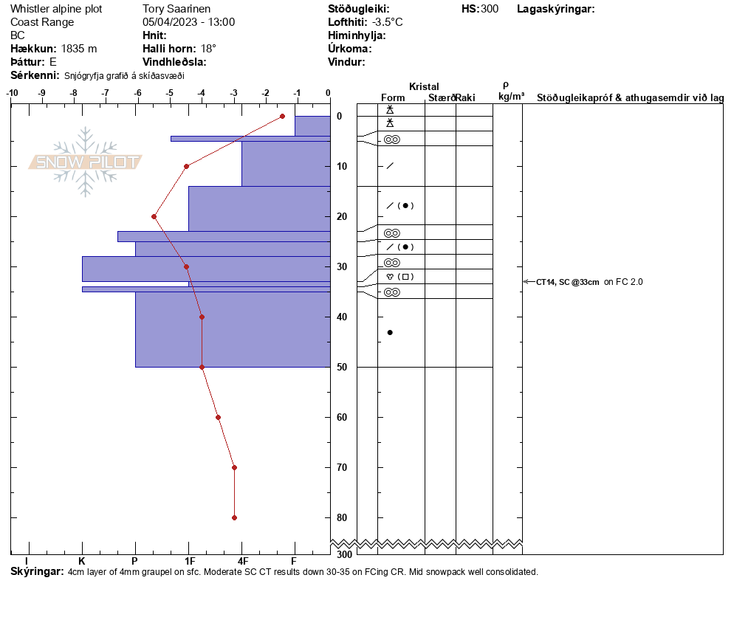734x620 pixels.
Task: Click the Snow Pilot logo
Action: click(86, 162)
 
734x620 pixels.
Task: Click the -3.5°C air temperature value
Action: click(387, 22)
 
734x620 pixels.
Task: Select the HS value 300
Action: click(490, 9)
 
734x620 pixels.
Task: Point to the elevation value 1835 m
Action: click(79, 49)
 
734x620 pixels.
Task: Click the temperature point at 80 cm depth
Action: click(234, 517)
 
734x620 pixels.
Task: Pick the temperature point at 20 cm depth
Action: click(154, 216)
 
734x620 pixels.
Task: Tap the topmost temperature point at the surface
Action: click(282, 116)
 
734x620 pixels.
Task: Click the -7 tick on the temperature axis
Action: click(105, 93)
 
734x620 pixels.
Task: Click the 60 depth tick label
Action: click(341, 418)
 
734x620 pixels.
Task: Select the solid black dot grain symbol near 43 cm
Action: click(390, 332)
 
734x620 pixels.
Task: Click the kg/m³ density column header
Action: click(511, 97)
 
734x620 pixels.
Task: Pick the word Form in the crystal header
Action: click(393, 97)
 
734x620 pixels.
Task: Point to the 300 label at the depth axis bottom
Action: click(344, 554)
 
